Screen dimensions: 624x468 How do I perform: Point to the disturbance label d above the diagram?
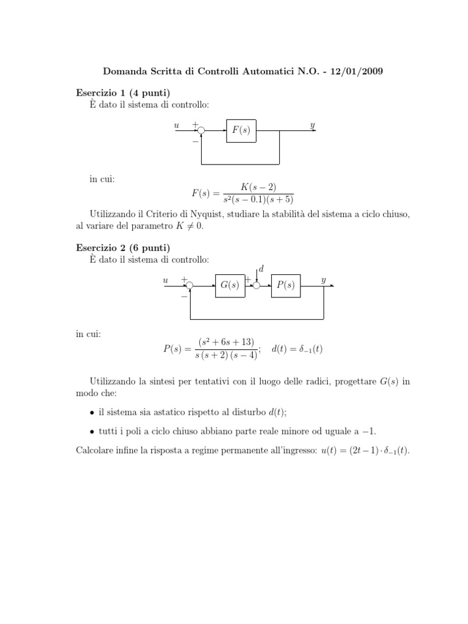261,269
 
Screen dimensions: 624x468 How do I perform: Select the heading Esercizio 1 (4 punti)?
122,93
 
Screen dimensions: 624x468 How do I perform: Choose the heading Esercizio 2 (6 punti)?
122,247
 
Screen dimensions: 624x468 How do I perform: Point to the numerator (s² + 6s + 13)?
226,342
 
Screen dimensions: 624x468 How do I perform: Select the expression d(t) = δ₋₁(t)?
297,349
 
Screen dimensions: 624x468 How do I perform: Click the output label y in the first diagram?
313,126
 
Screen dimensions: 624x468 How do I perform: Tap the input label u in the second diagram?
165,280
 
